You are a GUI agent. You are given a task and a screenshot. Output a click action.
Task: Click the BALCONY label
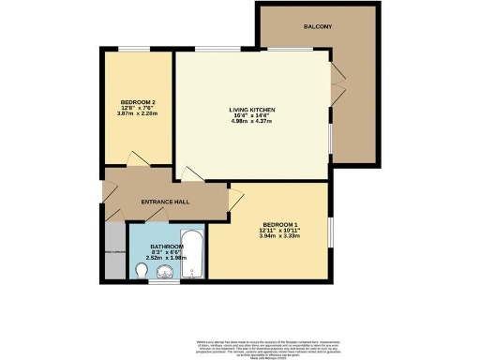tap(318, 26)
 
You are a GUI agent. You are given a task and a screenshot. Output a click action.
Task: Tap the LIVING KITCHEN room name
tap(250, 110)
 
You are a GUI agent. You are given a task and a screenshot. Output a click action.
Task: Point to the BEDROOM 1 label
tap(280, 224)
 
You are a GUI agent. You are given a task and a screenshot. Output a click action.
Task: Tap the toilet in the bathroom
tap(141, 271)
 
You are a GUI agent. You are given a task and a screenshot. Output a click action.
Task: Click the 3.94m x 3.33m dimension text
tap(280, 236)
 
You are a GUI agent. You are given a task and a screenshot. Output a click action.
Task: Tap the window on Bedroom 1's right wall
tap(329, 231)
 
